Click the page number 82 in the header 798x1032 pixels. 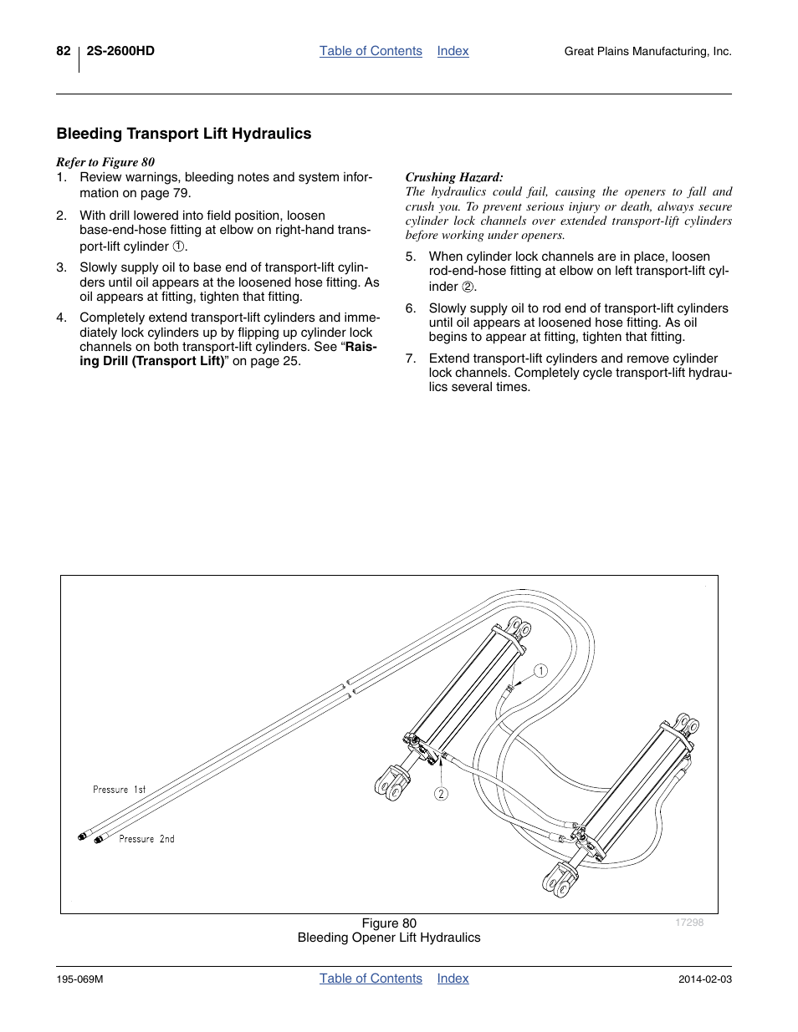tap(64, 51)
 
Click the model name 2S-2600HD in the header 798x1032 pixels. tap(120, 51)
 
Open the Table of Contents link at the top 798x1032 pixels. tap(371, 51)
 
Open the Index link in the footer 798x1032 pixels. tap(453, 979)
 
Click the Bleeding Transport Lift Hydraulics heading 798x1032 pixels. tap(184, 134)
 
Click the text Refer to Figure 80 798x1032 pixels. tap(105, 162)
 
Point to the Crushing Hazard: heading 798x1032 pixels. tap(454, 177)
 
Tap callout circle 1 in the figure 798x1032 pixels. tap(541, 671)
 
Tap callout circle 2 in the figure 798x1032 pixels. tap(441, 794)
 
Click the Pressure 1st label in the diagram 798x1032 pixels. tap(119, 790)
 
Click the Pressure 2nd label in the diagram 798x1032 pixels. tap(146, 839)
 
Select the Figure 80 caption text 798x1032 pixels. tap(389, 923)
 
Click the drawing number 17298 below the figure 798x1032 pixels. tap(689, 923)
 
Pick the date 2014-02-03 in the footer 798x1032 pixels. tap(704, 979)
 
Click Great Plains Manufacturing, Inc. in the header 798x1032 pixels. tap(647, 52)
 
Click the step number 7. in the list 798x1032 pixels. tap(410, 358)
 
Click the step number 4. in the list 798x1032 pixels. tap(61, 318)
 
